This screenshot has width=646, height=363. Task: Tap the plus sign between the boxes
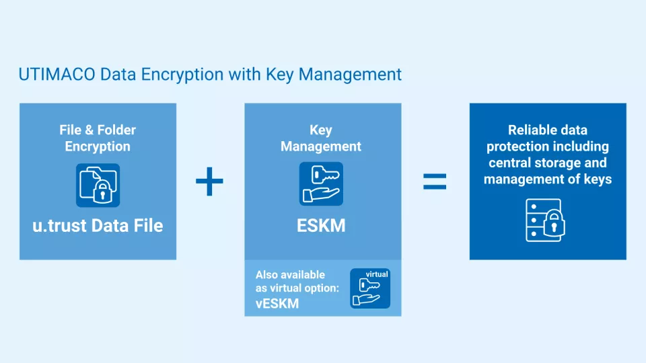pos(209,182)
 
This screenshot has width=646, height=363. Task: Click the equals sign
pos(435,182)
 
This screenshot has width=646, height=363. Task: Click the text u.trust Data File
pos(98,225)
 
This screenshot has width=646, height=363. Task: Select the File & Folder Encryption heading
pos(98,138)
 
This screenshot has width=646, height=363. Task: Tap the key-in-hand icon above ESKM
pos(321,184)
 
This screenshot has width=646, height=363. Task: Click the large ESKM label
pos(321,225)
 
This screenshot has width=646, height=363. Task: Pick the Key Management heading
pos(321,138)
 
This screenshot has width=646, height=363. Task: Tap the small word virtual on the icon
pos(377,274)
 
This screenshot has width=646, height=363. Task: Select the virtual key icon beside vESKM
pos(370,288)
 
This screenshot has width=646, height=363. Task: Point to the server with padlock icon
pos(545,220)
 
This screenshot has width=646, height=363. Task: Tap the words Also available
pos(290,275)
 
